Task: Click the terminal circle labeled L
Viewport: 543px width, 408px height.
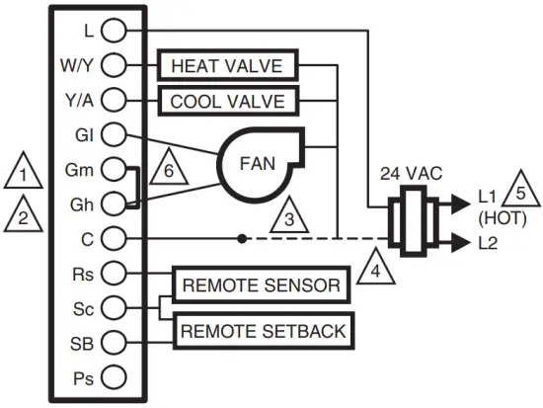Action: (x=115, y=31)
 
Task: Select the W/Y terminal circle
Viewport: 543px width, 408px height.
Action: (x=115, y=66)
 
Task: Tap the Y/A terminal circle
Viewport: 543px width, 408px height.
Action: (x=115, y=100)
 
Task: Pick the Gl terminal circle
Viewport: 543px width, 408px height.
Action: (x=115, y=133)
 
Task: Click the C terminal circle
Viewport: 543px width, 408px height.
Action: (x=115, y=237)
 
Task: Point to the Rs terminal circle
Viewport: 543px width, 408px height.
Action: (x=115, y=272)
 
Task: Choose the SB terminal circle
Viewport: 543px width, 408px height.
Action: (x=115, y=342)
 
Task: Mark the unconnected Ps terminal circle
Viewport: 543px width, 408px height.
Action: (x=115, y=376)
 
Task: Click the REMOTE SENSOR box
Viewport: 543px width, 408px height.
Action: (x=262, y=287)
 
